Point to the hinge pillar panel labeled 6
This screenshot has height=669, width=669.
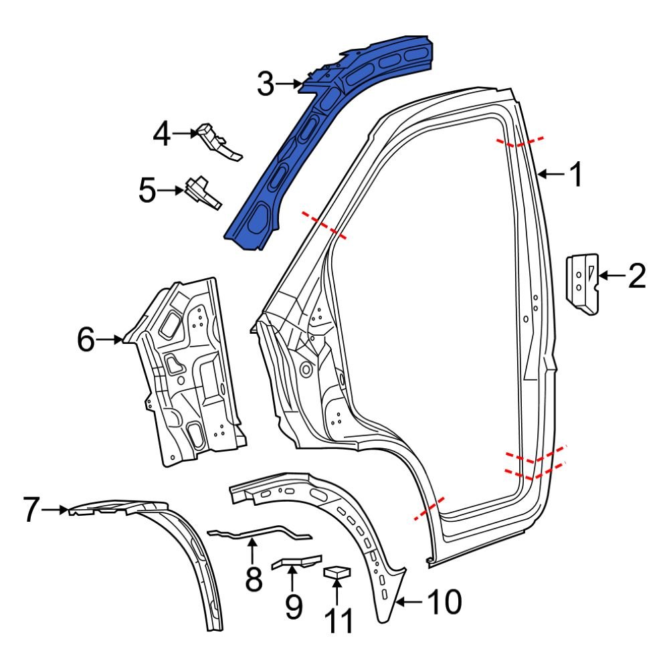pos(191,375)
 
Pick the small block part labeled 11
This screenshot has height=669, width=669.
pos(338,572)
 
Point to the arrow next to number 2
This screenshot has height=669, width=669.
pos(610,275)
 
